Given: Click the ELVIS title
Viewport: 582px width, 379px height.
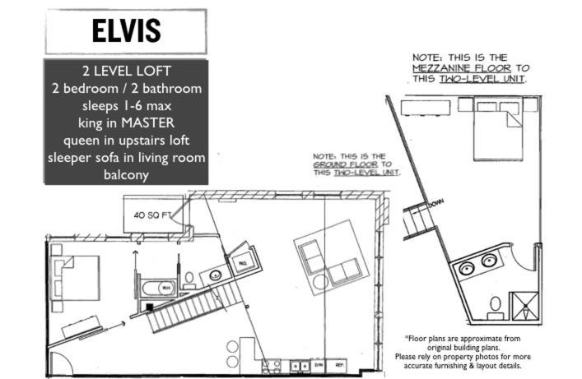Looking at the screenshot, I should (126, 31).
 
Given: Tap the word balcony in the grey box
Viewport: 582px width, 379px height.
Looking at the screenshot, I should (126, 174).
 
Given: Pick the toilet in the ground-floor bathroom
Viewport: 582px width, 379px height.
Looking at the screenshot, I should (189, 279).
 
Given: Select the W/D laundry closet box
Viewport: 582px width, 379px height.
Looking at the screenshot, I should (244, 262).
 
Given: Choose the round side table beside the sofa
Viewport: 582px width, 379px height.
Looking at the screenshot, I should (320, 282).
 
